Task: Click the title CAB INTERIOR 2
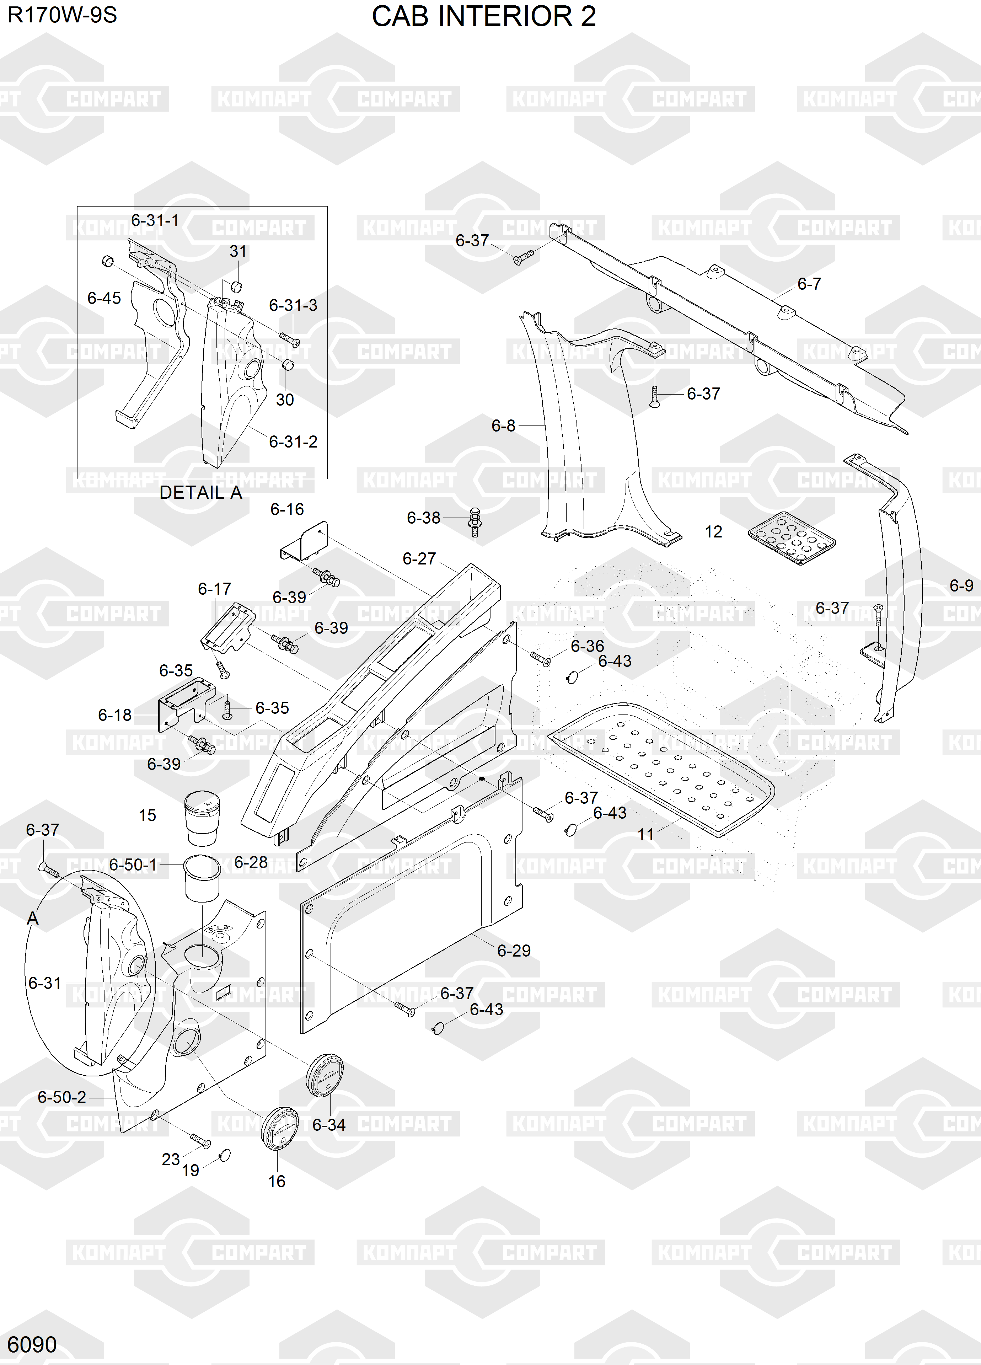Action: click(x=484, y=16)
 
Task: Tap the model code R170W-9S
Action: click(x=62, y=15)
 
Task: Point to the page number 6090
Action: click(x=32, y=1344)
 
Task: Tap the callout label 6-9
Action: click(x=961, y=585)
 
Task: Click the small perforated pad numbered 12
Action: click(x=792, y=538)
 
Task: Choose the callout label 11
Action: click(x=646, y=834)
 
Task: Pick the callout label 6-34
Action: click(x=329, y=1124)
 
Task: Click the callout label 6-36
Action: click(x=587, y=646)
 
